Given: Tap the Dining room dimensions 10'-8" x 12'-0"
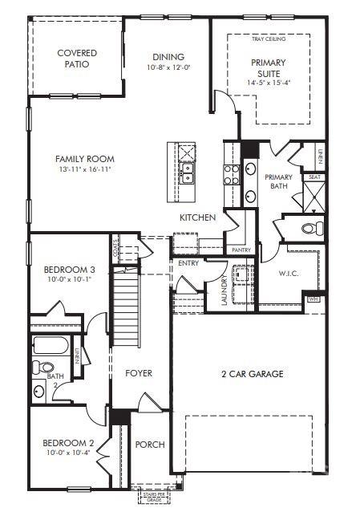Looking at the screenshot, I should [166, 68].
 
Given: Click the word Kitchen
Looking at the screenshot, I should [197, 217].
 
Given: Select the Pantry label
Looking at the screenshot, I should [241, 250].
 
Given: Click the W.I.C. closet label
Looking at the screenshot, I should [288, 274].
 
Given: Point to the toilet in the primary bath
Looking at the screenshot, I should [309, 229].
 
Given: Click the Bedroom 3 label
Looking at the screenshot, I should [70, 270].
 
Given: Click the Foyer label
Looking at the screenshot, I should [138, 374].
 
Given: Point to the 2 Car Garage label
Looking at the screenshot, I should [252, 374].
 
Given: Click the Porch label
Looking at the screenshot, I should [150, 445].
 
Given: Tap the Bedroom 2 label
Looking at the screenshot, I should [68, 443].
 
